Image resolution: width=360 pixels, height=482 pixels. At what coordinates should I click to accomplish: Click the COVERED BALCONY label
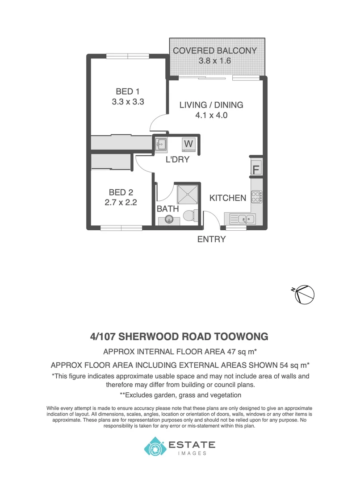pyautogui.click(x=215, y=50)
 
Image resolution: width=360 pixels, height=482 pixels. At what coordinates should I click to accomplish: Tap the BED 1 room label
pyautogui.click(x=127, y=91)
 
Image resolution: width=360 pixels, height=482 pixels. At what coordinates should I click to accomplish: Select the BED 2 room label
pyautogui.click(x=121, y=192)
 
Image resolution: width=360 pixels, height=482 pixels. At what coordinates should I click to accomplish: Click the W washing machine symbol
pyautogui.click(x=188, y=144)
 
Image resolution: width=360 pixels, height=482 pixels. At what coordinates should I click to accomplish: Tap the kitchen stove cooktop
pyautogui.click(x=257, y=197)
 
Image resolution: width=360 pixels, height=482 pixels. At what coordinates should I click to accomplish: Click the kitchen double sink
pyautogui.click(x=244, y=219)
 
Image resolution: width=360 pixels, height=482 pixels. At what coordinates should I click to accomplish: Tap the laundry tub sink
pyautogui.click(x=161, y=144)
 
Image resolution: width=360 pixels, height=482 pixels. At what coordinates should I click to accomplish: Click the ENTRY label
pyautogui.click(x=211, y=239)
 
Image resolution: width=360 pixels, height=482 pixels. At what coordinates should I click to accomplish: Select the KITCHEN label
pyautogui.click(x=228, y=198)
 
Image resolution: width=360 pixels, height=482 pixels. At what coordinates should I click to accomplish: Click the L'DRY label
pyautogui.click(x=177, y=159)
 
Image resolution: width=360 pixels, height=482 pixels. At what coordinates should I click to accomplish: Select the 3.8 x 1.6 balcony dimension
pyautogui.click(x=215, y=61)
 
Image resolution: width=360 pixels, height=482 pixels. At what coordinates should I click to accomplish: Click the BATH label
pyautogui.click(x=167, y=208)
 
